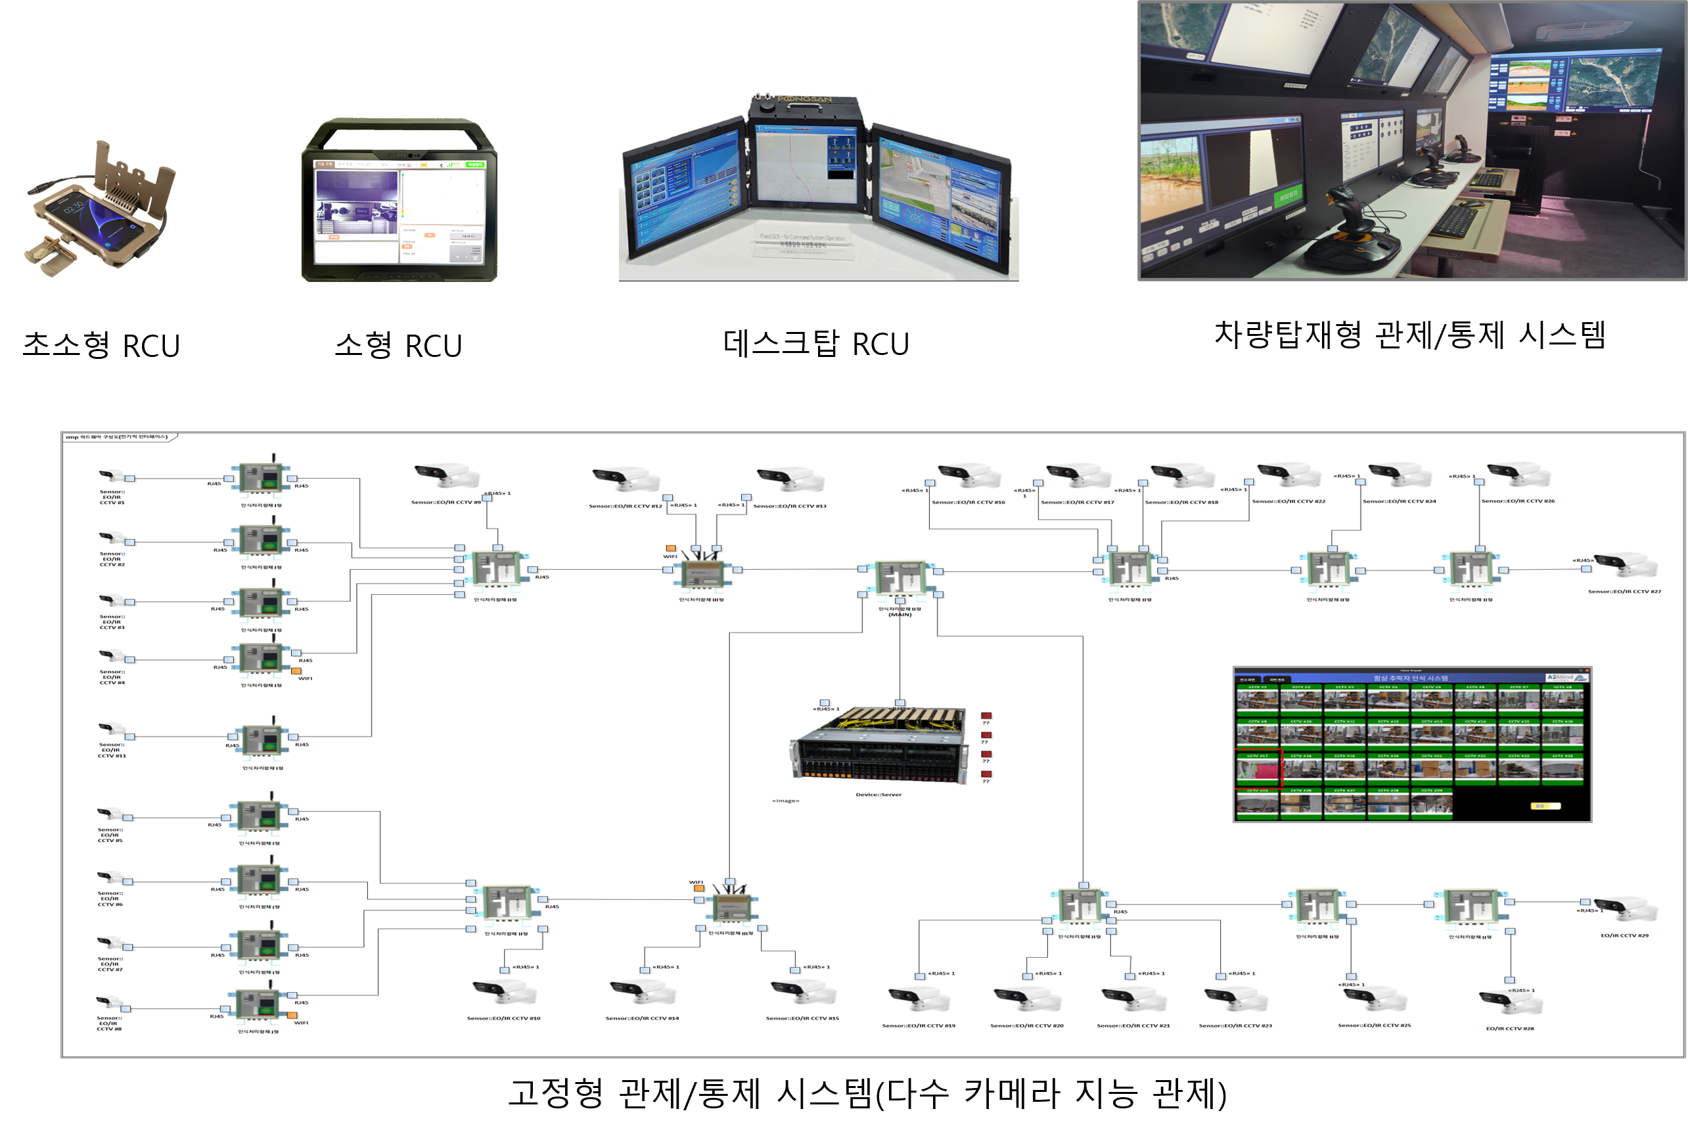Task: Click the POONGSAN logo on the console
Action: coord(804,99)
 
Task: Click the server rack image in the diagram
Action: coord(879,745)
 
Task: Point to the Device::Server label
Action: coord(878,795)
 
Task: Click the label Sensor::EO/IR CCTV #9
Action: coord(445,502)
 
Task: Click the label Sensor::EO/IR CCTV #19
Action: coord(918,1026)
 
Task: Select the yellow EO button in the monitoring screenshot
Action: coord(1545,806)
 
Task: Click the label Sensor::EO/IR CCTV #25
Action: coord(1373,1025)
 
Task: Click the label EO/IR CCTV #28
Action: coord(1509,1028)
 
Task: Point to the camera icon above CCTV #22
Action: coord(1289,475)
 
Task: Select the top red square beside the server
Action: coord(986,716)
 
